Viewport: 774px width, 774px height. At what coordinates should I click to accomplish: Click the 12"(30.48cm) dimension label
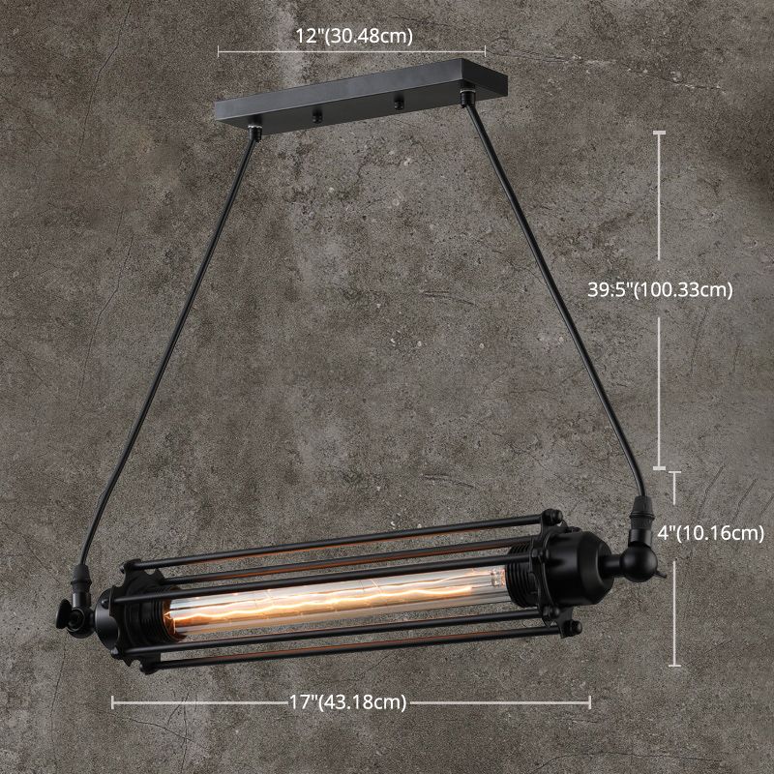tap(353, 37)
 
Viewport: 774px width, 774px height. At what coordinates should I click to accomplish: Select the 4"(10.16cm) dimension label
tap(710, 532)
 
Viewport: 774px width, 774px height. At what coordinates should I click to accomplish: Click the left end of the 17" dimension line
tap(113, 703)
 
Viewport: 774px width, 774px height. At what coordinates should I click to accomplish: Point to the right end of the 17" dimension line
tap(590, 703)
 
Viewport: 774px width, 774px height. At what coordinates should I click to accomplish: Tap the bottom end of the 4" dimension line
tap(674, 666)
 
